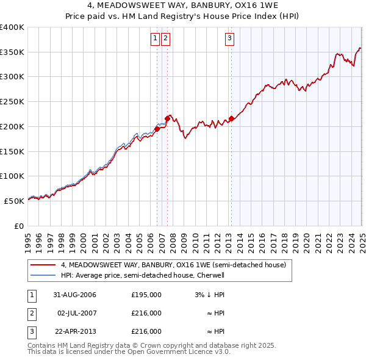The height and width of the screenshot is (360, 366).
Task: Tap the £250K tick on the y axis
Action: tap(12, 102)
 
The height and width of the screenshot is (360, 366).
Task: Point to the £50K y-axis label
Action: tap(15, 201)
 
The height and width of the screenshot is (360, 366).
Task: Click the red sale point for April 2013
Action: tap(231, 118)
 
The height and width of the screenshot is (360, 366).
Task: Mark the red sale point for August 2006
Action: tap(157, 129)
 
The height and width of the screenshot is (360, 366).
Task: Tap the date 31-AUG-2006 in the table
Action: tap(75, 295)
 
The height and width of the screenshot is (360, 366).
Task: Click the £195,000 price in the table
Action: tap(146, 295)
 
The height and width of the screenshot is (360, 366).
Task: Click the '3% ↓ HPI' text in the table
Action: tap(210, 295)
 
